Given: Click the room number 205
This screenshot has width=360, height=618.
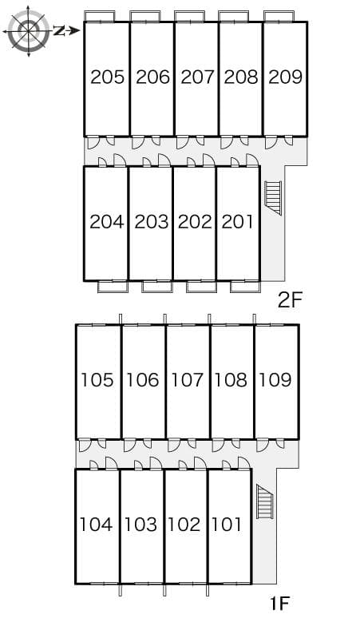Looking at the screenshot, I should (107, 77).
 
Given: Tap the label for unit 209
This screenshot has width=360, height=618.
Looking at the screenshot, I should (285, 77).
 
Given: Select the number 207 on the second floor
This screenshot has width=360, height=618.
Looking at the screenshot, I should (197, 77).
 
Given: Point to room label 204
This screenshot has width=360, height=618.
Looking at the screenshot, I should (106, 222).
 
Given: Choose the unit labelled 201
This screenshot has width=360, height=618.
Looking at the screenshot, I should (237, 222).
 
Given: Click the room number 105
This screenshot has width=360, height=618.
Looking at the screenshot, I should (97, 380).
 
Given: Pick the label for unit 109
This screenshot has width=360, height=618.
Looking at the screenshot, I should (275, 380).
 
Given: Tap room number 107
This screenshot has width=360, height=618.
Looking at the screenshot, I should (188, 380).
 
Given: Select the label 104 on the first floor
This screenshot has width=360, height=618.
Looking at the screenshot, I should (97, 525).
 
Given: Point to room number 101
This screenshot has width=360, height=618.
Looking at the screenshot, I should (227, 525).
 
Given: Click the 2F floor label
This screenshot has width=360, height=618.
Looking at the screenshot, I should (291, 300).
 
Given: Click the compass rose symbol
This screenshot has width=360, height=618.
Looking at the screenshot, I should (29, 30).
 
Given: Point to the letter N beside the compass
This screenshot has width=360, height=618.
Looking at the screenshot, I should (58, 30).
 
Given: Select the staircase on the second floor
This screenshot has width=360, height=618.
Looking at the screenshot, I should (273, 198).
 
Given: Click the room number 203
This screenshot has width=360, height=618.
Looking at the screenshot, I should (151, 222).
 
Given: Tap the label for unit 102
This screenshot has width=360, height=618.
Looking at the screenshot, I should (184, 525).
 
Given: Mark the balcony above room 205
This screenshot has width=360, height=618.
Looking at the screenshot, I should (100, 16).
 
